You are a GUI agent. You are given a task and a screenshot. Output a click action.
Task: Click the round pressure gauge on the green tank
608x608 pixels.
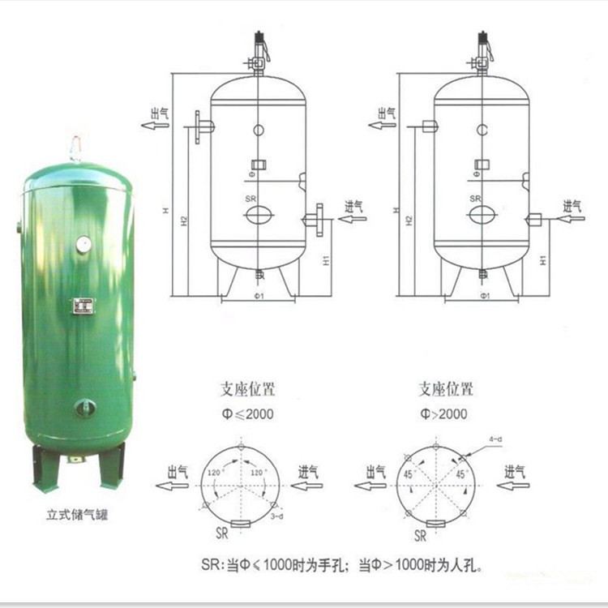pos(83,243)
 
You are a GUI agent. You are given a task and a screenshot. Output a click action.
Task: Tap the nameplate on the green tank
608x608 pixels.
pos(83,306)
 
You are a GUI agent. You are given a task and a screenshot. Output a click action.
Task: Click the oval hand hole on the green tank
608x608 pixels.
pos(84,408)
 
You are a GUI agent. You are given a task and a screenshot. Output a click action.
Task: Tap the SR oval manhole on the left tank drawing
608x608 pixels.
pos(259,215)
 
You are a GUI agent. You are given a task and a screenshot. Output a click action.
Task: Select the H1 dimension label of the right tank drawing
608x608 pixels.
pos(544,261)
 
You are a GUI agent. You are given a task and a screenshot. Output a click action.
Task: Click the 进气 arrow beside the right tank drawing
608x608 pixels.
pos(572,217)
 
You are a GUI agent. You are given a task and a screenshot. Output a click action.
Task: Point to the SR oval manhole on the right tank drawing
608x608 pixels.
pos(482,215)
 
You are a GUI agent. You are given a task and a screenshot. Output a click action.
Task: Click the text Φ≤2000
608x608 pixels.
pos(250,413)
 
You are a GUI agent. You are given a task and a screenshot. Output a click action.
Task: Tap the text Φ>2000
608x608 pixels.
pos(443,413)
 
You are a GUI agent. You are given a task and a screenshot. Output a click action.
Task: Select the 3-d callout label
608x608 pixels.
pos(276,516)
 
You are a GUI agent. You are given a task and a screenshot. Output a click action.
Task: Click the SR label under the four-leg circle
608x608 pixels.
pos(420,536)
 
